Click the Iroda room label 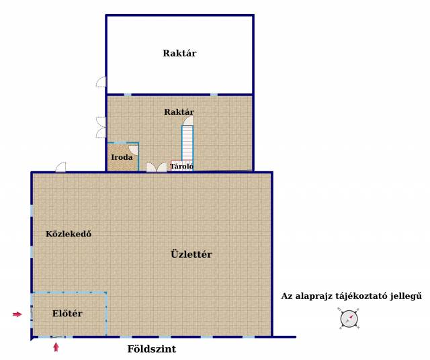(x=122, y=157)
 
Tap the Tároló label (x=182, y=166)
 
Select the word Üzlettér (x=191, y=254)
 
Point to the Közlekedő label (x=69, y=234)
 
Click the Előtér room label (x=67, y=314)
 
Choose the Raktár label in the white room (x=179, y=53)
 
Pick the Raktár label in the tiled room (x=179, y=112)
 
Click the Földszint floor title (x=152, y=349)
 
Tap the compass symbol (x=349, y=318)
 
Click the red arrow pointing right (x=17, y=314)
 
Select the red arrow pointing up (x=56, y=347)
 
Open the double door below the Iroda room (x=157, y=167)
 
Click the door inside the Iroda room (x=134, y=149)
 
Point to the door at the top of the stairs (x=188, y=121)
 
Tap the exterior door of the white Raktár (x=101, y=82)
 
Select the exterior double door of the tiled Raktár (x=101, y=127)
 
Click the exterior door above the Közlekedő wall (x=60, y=167)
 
